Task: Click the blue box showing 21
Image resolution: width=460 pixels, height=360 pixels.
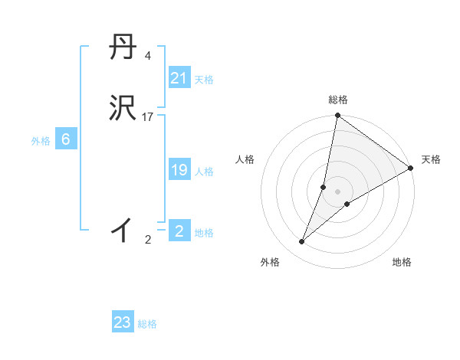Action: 179,78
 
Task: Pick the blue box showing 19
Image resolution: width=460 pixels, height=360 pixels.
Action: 179,171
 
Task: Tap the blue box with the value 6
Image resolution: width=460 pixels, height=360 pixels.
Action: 65,139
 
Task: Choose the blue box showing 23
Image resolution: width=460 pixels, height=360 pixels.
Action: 123,322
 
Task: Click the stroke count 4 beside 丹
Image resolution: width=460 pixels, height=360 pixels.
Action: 147,56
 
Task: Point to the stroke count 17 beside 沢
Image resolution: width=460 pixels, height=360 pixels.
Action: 148,117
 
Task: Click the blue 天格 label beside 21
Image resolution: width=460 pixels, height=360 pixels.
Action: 204,80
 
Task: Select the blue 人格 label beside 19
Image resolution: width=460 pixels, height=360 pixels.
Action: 204,172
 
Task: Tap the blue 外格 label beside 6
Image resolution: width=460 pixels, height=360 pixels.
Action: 41,141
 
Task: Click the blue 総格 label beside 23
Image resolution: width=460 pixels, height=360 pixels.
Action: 147,324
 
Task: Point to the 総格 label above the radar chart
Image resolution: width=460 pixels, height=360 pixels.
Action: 338,100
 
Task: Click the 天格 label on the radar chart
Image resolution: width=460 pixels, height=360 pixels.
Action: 431,159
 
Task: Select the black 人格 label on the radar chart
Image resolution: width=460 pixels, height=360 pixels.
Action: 245,159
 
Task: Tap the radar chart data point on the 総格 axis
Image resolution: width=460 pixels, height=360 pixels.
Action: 337,116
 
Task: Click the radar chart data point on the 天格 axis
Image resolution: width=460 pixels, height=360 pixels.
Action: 410,168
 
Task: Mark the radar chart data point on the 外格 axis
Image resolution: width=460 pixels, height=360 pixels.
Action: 302,241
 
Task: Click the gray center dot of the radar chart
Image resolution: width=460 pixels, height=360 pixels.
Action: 338,191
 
